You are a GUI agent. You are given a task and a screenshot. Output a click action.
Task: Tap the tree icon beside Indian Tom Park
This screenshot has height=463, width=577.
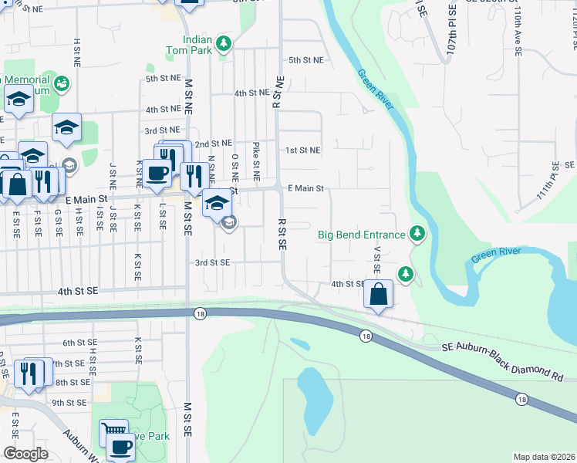[224, 43]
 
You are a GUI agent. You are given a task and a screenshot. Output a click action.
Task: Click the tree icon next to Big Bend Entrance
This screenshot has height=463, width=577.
[417, 233]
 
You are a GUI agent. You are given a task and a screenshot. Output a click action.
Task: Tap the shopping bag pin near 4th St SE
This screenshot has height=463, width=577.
[378, 295]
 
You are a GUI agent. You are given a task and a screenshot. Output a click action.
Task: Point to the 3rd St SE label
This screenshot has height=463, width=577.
[212, 262]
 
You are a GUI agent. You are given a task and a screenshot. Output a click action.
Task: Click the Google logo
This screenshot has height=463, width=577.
[25, 454]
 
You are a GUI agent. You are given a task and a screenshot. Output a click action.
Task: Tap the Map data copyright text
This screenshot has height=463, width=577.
[543, 457]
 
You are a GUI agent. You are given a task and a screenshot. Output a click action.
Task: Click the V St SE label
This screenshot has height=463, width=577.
[377, 261]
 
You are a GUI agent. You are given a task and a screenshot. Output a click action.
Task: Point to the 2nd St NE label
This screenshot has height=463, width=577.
[213, 144]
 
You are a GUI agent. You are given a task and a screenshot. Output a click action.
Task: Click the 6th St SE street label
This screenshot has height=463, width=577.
[80, 343]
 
